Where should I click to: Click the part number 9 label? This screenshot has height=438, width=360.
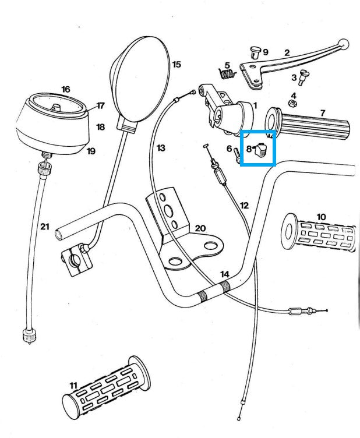tap(265, 51)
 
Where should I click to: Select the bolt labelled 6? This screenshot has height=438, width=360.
tap(238, 155)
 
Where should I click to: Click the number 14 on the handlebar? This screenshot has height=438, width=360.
tap(225, 274)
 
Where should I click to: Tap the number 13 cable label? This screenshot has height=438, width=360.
tap(161, 148)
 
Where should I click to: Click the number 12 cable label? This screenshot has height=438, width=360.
tap(243, 205)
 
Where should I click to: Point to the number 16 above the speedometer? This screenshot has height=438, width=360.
tap(65, 89)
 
